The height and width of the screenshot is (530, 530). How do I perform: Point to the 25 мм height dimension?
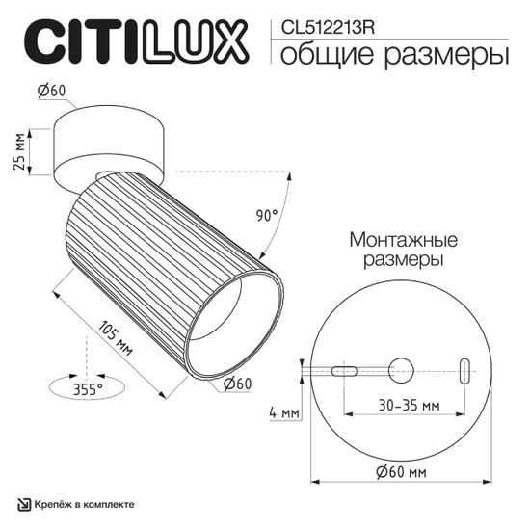tap(18, 151)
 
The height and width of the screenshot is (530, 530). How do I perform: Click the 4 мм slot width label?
tap(285, 413)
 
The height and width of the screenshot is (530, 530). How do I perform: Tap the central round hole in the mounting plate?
tap(401, 370)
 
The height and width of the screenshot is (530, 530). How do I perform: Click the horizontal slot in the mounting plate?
tap(344, 370)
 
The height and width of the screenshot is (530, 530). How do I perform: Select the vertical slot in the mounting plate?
tap(465, 371)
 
